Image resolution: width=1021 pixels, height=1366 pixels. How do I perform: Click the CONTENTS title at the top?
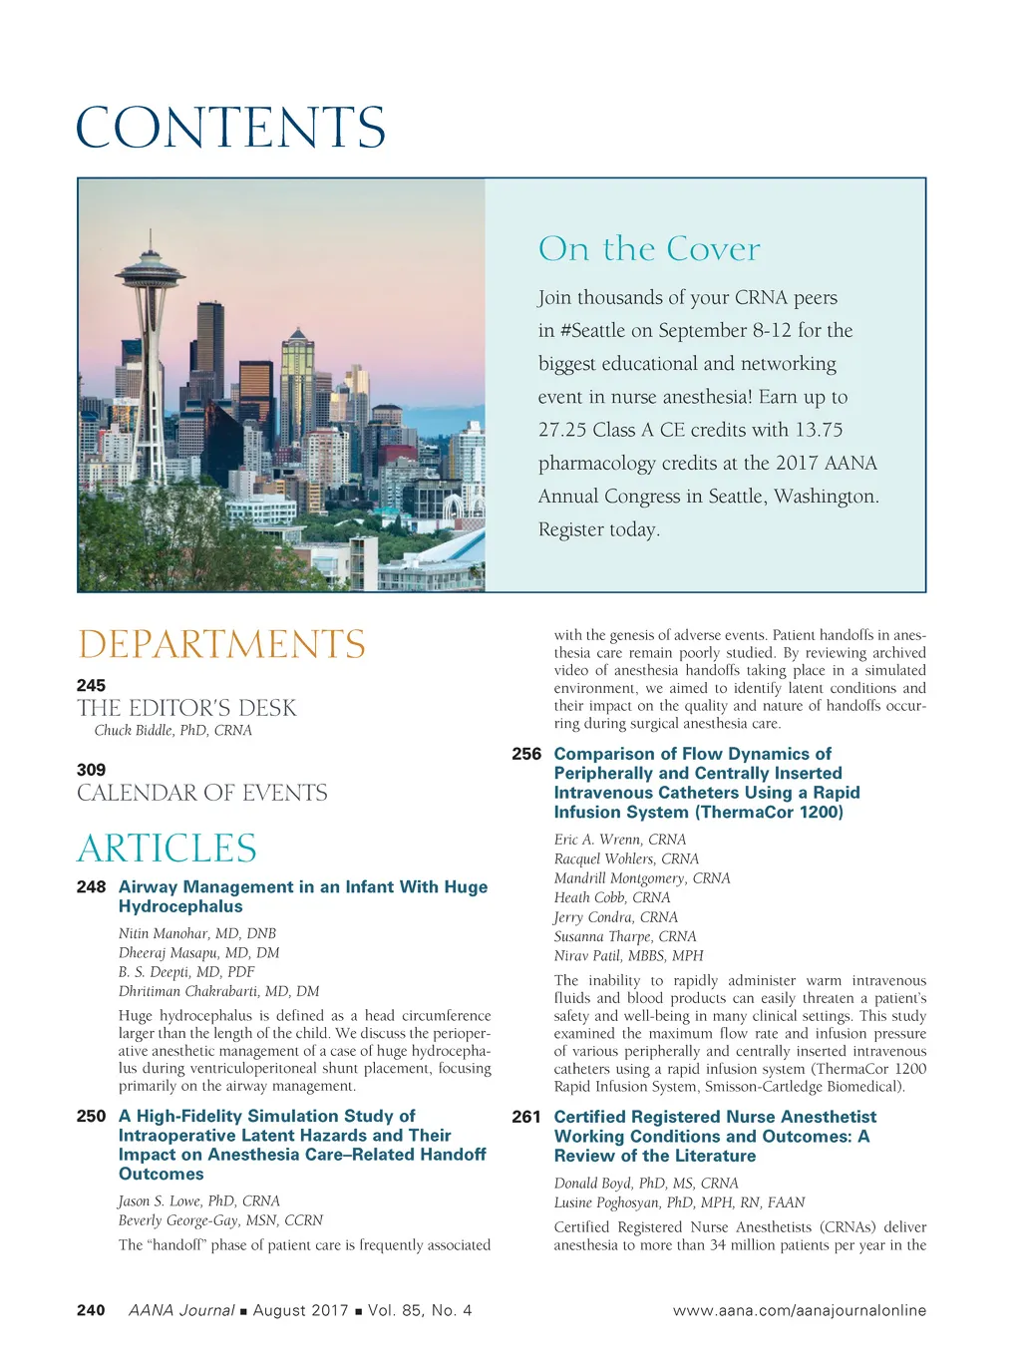coord(230,128)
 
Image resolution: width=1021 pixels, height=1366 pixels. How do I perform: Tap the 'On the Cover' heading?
coord(649,248)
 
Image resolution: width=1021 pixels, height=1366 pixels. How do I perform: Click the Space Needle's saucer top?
coord(150,270)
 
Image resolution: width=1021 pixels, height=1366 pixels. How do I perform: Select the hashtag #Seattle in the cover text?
coord(589,331)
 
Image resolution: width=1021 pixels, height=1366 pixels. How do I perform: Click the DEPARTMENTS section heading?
coord(221,644)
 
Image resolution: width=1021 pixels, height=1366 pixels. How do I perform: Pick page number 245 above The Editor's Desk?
coord(91,685)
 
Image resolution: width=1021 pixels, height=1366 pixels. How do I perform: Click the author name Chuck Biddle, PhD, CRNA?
coord(173,731)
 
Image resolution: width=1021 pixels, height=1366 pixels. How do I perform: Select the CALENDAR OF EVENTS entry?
coord(202,793)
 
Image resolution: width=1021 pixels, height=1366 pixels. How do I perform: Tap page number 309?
coord(91,770)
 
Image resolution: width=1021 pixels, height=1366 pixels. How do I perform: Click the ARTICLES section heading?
coord(167,849)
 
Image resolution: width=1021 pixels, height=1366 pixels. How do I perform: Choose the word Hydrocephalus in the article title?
coord(180,906)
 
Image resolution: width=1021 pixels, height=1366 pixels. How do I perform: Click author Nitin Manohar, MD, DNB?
coord(197,934)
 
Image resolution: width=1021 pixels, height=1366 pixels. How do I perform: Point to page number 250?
coord(91,1116)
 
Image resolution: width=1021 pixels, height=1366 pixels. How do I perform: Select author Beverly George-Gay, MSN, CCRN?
coord(220,1220)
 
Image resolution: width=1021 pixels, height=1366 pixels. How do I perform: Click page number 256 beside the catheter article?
coord(526,754)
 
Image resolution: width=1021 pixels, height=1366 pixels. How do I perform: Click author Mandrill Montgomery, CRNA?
coord(642,878)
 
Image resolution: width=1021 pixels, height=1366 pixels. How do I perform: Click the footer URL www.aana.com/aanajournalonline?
coord(799,1310)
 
